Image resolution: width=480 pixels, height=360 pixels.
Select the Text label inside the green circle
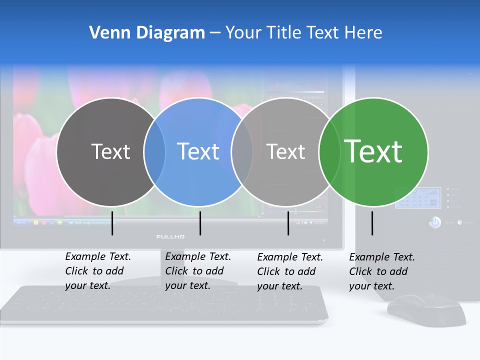[x=373, y=151]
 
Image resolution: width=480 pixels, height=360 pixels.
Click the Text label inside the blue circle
[x=198, y=151]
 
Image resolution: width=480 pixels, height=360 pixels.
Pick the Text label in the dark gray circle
[x=110, y=151]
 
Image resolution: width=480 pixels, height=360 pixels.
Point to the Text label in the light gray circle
[x=286, y=151]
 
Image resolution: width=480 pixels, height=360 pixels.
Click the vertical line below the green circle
[x=372, y=223]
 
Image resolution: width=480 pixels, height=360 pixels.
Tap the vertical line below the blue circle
[x=200, y=223]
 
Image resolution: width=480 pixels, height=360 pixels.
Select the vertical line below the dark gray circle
[x=112, y=223]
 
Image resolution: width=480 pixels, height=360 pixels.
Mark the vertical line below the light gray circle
[x=288, y=223]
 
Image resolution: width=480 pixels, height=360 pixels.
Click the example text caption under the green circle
[x=381, y=271]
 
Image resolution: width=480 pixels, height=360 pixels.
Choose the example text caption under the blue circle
[x=197, y=271]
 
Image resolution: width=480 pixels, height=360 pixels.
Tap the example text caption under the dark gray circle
[x=97, y=271]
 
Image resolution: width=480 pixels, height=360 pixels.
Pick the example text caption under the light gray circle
[x=289, y=271]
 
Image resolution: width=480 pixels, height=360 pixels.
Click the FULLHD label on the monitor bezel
[x=170, y=236]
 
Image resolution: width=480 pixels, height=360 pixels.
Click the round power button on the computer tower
[x=434, y=222]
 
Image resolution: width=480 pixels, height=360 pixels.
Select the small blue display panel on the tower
[x=418, y=198]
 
